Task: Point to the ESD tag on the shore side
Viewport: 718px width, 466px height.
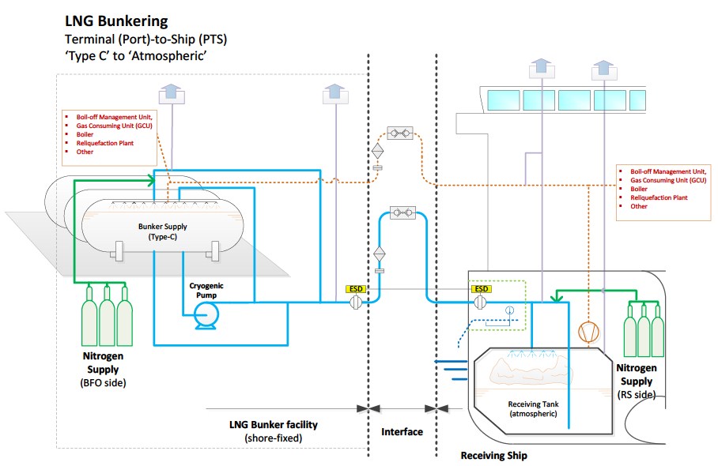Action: coord(357,289)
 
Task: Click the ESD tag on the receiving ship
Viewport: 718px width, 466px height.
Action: coord(481,289)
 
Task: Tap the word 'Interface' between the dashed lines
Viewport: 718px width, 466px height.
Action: coord(402,432)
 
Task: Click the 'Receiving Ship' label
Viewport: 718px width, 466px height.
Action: coord(494,456)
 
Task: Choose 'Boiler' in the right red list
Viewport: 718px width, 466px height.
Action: coord(639,189)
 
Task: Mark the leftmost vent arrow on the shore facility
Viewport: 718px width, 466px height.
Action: coord(170,92)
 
